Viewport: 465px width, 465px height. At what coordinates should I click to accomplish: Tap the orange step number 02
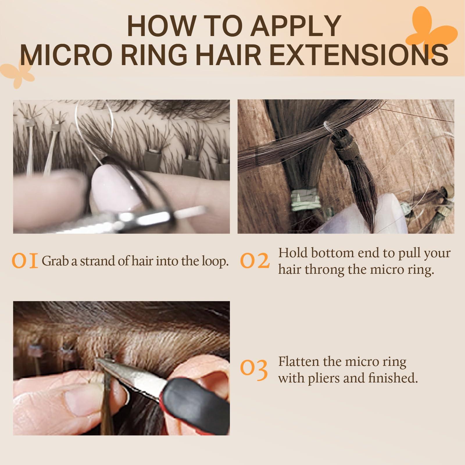point(255,261)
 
